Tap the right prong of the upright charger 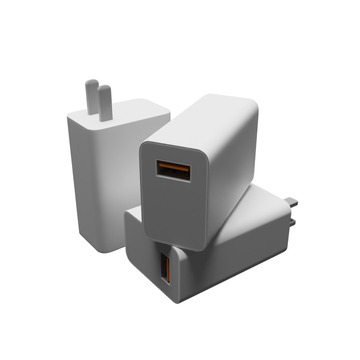(x=103, y=101)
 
